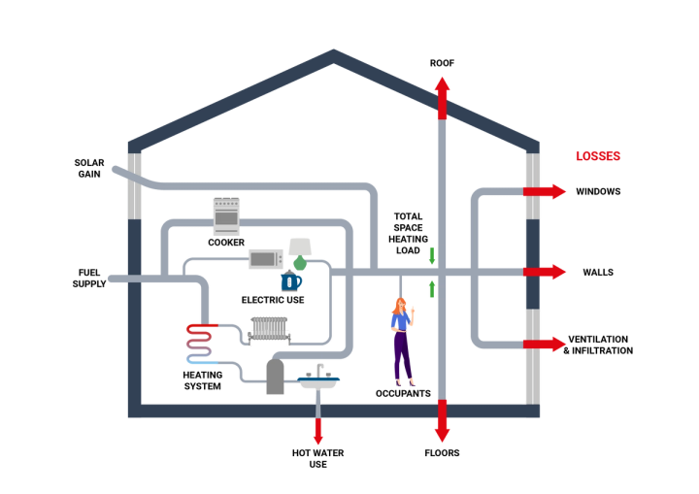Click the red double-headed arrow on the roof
click(442, 97)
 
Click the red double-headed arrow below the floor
click(442, 421)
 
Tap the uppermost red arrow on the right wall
click(546, 192)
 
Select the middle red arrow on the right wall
click(546, 272)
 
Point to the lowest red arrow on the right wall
click(546, 344)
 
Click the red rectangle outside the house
click(598, 155)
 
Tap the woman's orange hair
click(398, 308)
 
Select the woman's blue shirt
click(398, 321)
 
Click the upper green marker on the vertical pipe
click(432, 257)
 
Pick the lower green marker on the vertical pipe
click(432, 289)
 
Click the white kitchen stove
click(226, 215)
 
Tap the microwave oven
click(264, 258)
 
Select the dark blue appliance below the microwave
click(291, 281)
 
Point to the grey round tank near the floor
click(275, 377)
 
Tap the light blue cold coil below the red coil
click(201, 362)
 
